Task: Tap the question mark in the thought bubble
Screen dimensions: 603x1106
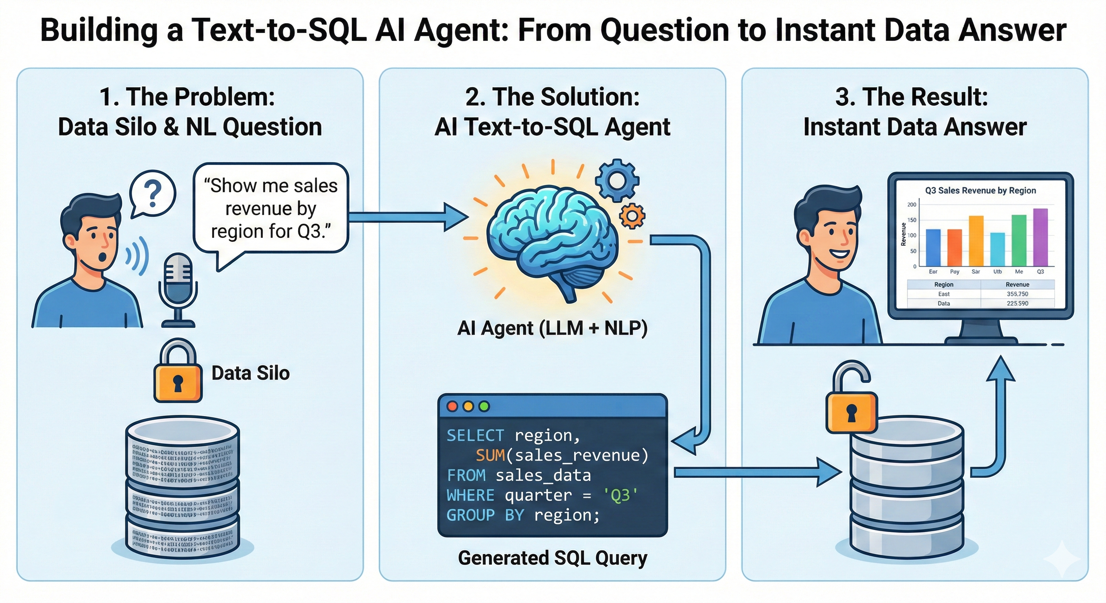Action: tap(152, 194)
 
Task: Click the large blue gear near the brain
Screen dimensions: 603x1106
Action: tap(617, 180)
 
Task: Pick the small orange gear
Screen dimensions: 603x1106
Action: tap(632, 216)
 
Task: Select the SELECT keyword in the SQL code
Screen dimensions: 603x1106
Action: tap(475, 436)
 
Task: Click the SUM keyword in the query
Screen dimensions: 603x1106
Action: tap(490, 455)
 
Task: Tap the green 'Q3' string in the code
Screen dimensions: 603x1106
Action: tap(621, 495)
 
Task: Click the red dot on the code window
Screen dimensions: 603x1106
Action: tap(452, 406)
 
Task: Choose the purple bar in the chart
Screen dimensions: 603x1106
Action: tap(1040, 238)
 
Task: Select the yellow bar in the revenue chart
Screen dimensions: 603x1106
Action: tap(976, 241)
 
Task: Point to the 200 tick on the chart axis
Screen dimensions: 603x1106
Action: tap(912, 205)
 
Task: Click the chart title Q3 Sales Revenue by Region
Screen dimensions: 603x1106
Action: tap(980, 190)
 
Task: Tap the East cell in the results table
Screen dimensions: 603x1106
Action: tap(944, 294)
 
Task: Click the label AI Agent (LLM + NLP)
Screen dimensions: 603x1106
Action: tap(552, 328)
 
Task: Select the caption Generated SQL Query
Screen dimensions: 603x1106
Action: tap(552, 558)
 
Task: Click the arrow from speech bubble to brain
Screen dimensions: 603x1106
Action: tap(408, 217)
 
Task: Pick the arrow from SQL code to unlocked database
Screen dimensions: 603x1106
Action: tap(756, 473)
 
